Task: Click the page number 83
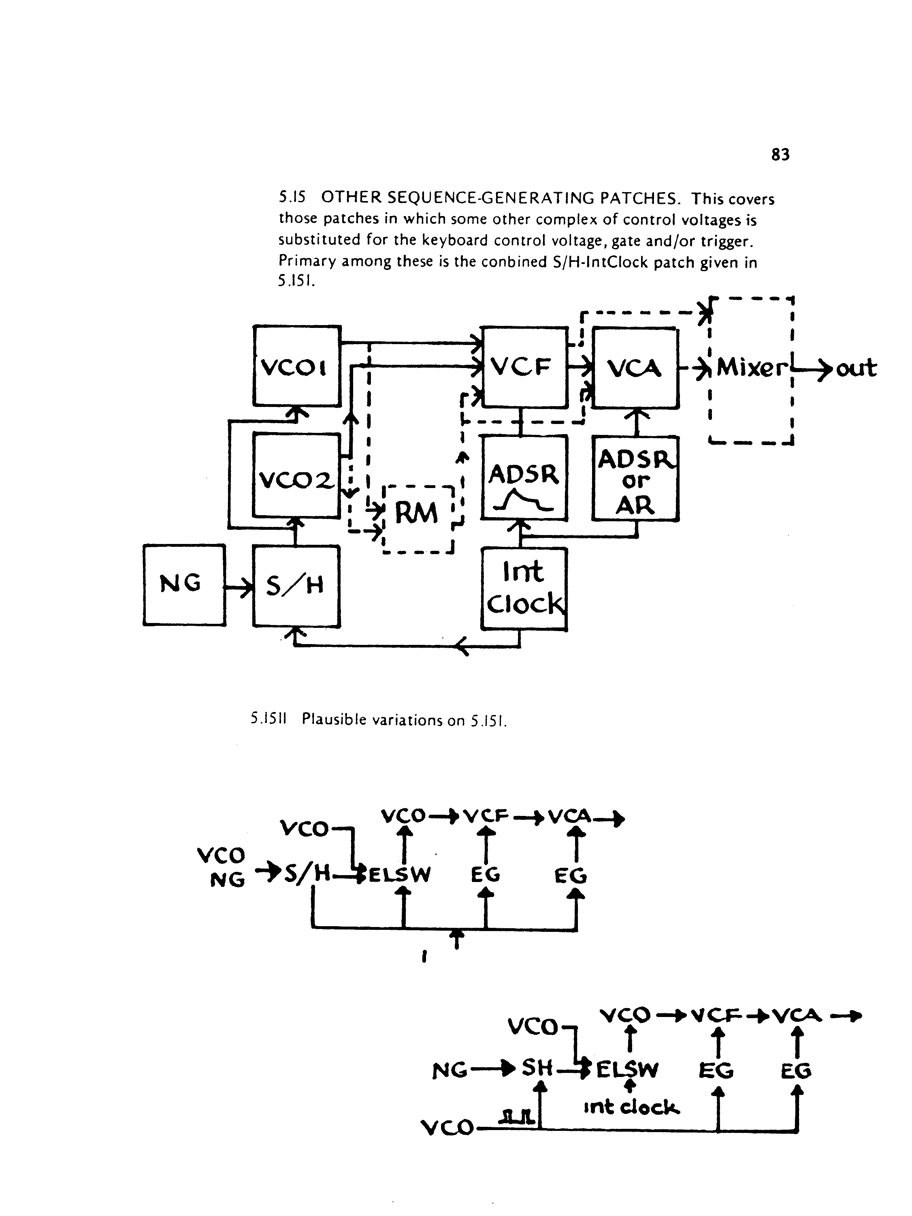780,154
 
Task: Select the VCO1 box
297,366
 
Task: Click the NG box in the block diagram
184,585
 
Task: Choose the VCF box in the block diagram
525,367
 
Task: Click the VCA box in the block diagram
635,368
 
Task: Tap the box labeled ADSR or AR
636,479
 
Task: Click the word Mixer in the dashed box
752,367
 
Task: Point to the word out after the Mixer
857,368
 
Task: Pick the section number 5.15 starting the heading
292,197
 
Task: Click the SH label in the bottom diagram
537,1068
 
